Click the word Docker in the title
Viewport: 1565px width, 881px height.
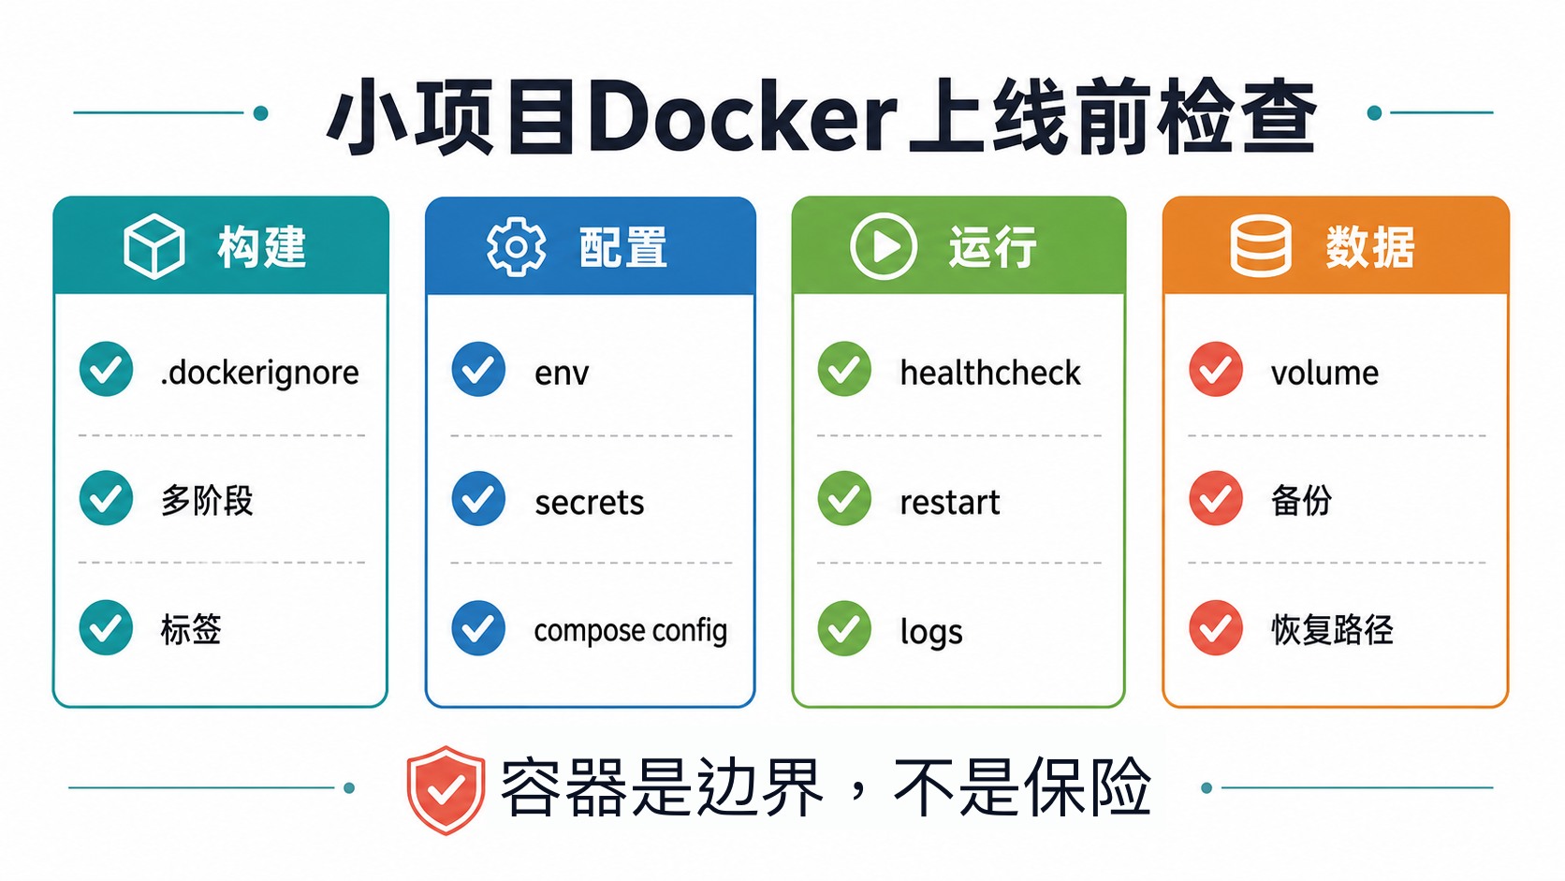(x=741, y=116)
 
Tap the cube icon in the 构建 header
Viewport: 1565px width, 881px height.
(x=154, y=246)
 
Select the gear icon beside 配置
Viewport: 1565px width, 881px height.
(x=517, y=246)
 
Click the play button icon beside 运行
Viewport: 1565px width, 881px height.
(x=883, y=246)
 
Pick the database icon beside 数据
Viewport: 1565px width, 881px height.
(x=1261, y=246)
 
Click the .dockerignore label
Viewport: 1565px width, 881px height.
(x=259, y=373)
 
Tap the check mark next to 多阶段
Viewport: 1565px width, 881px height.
(x=106, y=498)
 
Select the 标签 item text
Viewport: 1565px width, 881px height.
(x=191, y=629)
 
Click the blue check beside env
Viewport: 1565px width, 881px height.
(x=478, y=369)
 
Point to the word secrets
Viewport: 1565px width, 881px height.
(x=589, y=503)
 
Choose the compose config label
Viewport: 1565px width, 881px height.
(x=630, y=631)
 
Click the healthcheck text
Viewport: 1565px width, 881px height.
(x=990, y=373)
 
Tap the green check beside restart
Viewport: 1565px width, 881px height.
(x=844, y=498)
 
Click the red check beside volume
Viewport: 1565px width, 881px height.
(x=1216, y=369)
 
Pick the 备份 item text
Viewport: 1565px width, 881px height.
(x=1301, y=500)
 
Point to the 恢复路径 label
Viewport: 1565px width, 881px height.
(x=1332, y=629)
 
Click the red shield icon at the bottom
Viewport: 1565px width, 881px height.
(x=446, y=789)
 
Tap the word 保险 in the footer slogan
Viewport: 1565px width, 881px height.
(x=1087, y=786)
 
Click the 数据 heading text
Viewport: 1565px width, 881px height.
(x=1370, y=247)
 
